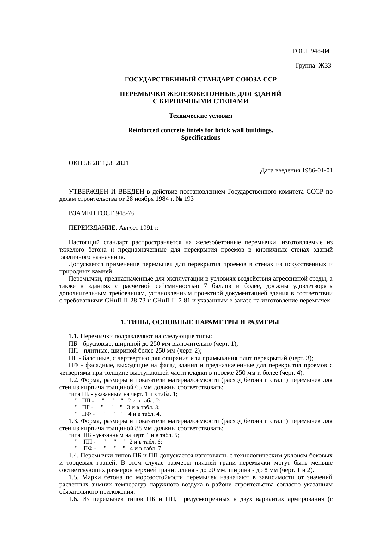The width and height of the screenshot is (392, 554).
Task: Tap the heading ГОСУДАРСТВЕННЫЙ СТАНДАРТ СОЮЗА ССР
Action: pos(200,80)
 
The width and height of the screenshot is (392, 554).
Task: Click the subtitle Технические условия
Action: pos(200,116)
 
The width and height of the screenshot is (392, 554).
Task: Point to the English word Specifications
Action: pos(200,138)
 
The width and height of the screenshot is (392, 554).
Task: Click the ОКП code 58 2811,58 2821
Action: pos(106,163)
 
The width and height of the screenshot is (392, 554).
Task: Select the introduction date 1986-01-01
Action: pos(317,170)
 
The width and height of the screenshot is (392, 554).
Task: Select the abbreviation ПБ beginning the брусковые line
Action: pos(73,344)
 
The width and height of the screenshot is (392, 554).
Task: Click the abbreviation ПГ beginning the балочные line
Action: pos(72,358)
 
